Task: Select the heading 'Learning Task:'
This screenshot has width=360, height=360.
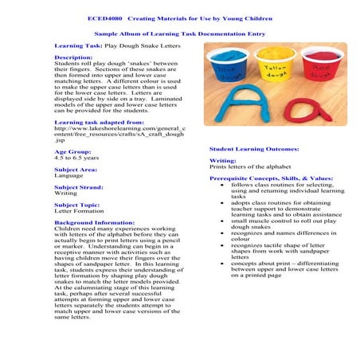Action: point(78,47)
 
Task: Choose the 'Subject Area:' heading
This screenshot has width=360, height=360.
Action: point(76,170)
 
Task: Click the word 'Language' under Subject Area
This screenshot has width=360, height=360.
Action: point(68,176)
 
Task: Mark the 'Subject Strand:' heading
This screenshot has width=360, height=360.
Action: point(78,187)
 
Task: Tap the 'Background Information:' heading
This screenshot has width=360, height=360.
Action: point(94,223)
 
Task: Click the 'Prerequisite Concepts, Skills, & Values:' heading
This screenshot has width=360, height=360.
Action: point(272,178)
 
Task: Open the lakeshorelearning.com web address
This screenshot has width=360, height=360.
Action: point(119,128)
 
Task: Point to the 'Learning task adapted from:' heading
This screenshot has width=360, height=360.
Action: point(99,122)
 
